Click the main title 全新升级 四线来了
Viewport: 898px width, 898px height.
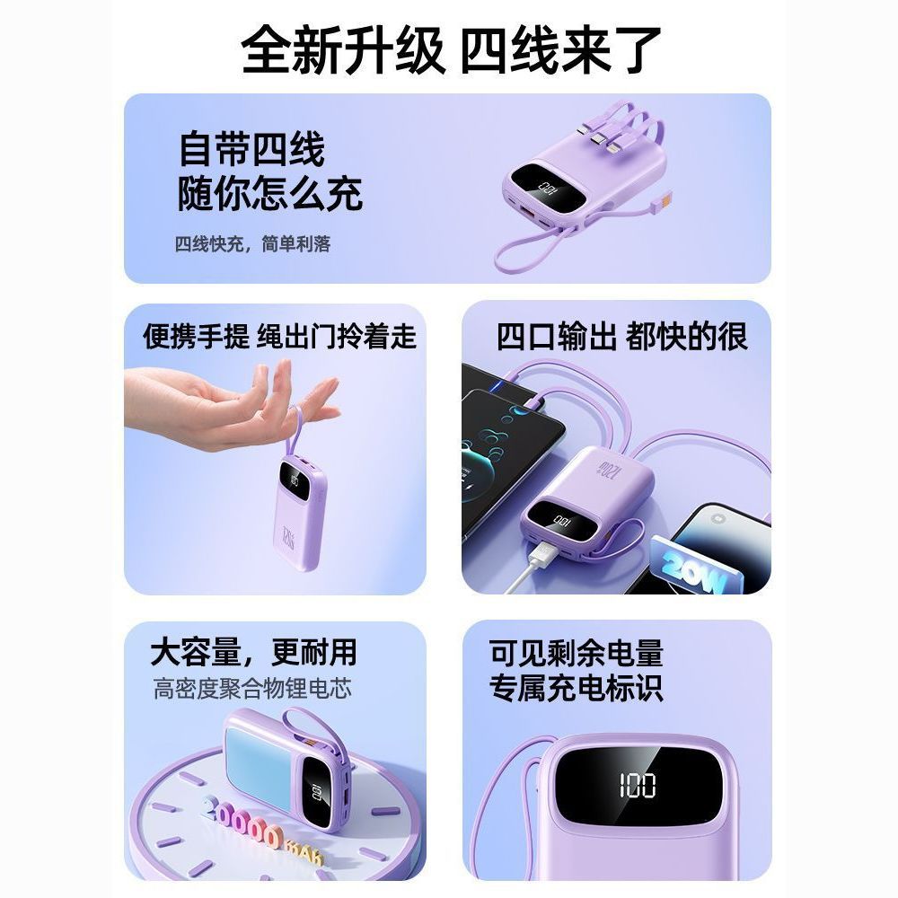click(451, 49)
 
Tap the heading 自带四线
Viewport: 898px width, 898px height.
click(252, 149)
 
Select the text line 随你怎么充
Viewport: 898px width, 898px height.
click(270, 194)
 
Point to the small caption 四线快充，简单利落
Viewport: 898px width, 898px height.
click(252, 244)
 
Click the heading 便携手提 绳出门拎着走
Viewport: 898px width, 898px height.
click(279, 336)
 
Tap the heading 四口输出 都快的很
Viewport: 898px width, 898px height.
click(622, 336)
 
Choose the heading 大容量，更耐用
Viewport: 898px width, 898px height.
click(253, 652)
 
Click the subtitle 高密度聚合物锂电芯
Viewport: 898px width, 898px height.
click(252, 689)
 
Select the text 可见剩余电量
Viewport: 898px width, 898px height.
click(576, 653)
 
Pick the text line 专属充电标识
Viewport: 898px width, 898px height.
click(576, 688)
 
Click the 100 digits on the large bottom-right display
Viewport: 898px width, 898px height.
click(637, 785)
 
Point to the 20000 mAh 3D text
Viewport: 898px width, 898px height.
click(260, 833)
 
